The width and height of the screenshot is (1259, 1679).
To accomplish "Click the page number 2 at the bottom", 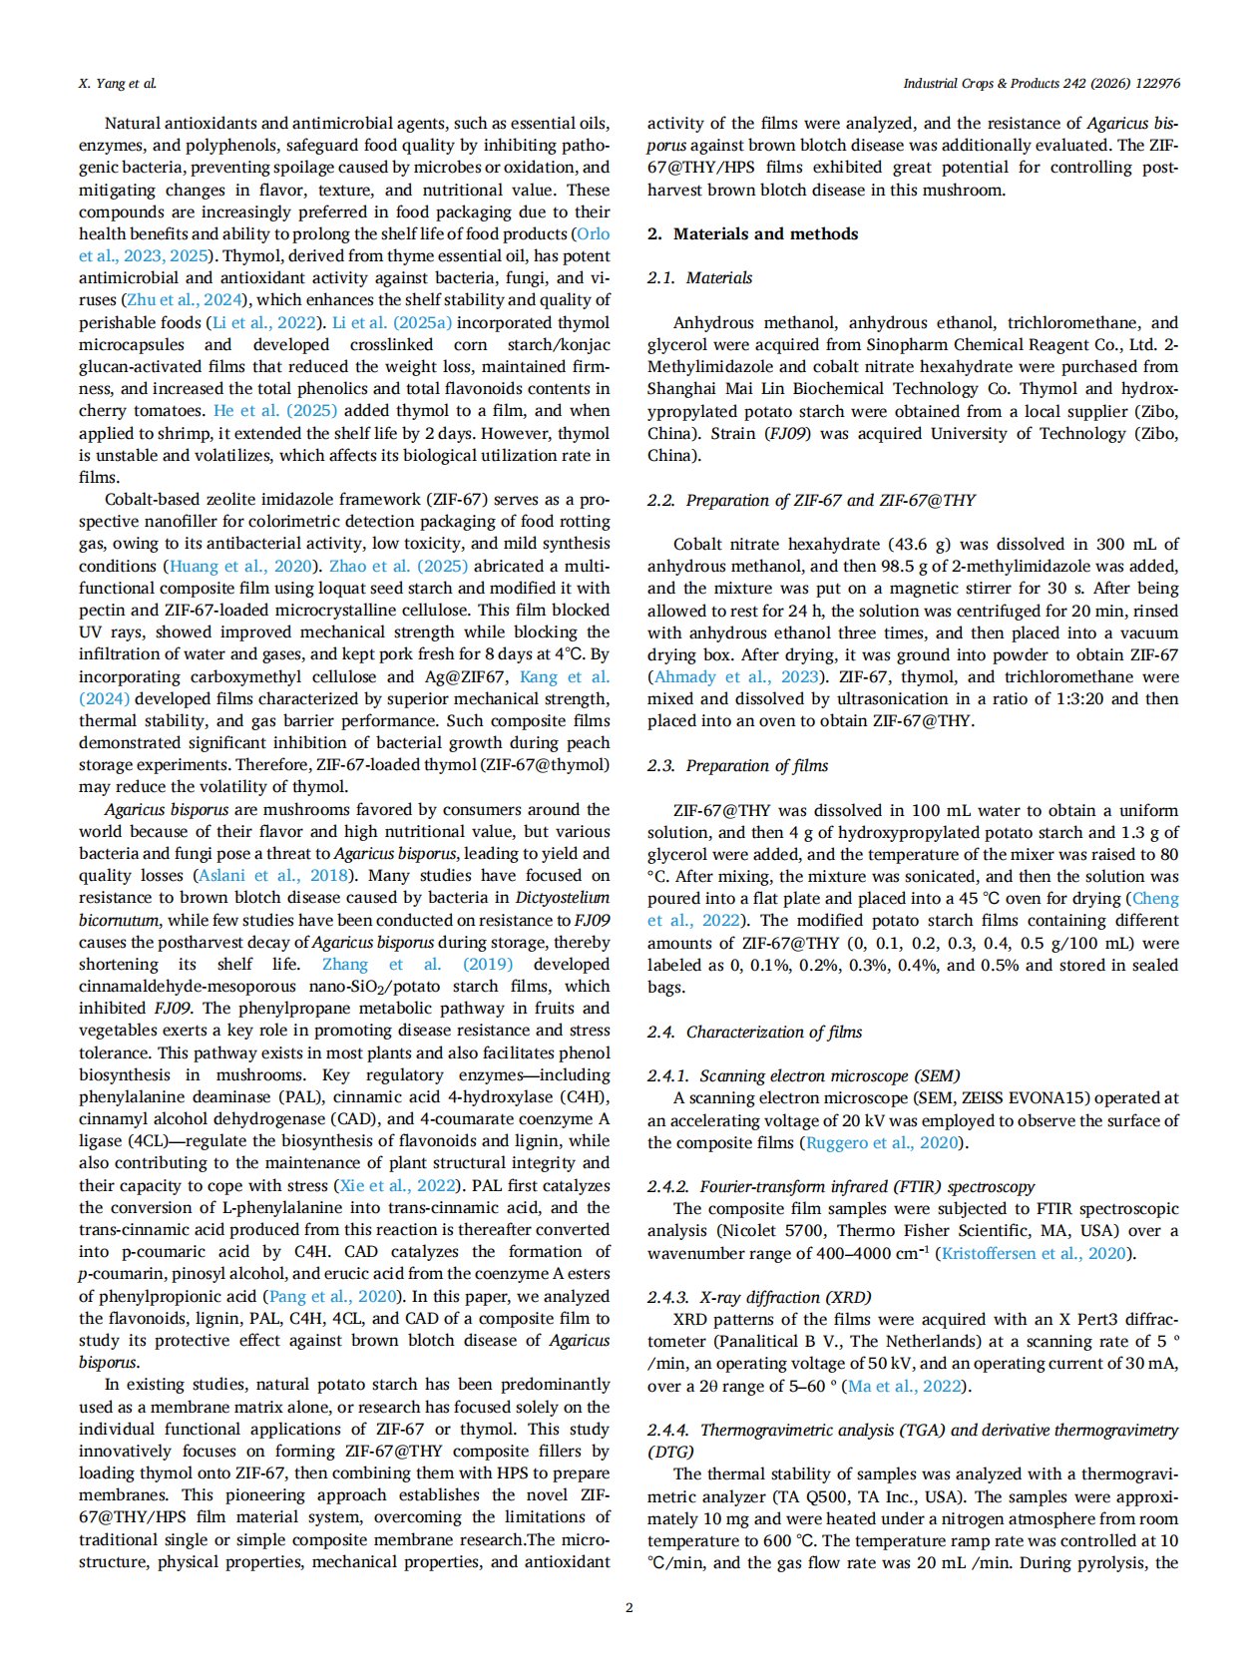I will pyautogui.click(x=629, y=1607).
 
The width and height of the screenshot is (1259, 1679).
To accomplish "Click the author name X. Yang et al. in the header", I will pyautogui.click(x=117, y=84).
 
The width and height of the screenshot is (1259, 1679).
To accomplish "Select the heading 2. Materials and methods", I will pyautogui.click(x=752, y=234).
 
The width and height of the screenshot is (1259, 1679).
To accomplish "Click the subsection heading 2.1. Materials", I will pyautogui.click(x=699, y=278).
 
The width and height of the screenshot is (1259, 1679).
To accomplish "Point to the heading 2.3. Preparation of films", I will pyautogui.click(x=737, y=766).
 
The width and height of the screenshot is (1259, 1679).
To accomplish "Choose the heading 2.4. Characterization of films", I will pyautogui.click(x=754, y=1033).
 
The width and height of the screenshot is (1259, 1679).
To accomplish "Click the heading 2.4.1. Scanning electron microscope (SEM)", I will pyautogui.click(x=803, y=1076).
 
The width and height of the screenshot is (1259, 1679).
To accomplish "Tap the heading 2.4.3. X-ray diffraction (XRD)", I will pyautogui.click(x=759, y=1298).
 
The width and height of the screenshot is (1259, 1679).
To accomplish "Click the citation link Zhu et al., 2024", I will pyautogui.click(x=186, y=300).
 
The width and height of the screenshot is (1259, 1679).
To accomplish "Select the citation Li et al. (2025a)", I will pyautogui.click(x=391, y=323).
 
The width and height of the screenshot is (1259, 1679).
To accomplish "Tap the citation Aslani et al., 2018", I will pyautogui.click(x=273, y=876).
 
